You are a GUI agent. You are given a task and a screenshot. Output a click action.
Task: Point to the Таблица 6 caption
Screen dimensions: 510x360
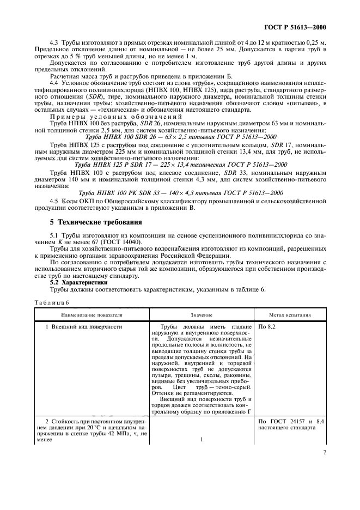point(51,302)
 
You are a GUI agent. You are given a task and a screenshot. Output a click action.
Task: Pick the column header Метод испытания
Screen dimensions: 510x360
point(290,315)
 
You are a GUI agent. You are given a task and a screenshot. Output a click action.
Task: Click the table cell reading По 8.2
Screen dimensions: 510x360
point(267,327)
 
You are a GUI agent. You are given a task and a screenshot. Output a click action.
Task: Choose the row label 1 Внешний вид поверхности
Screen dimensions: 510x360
point(83,327)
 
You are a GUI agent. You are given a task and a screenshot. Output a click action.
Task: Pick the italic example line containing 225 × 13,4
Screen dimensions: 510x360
point(179,164)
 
